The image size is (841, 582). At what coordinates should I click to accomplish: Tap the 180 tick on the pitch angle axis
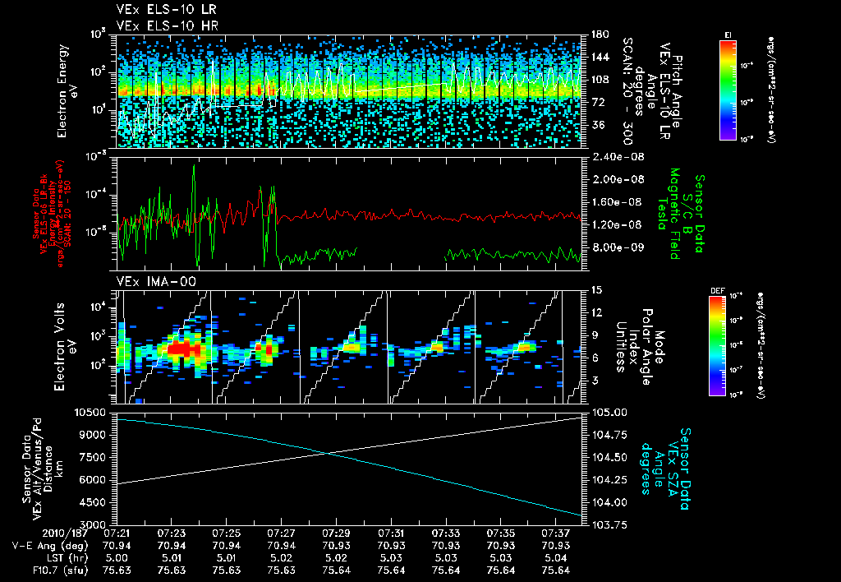(595, 35)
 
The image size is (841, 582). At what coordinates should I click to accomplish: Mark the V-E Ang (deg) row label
(47, 545)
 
